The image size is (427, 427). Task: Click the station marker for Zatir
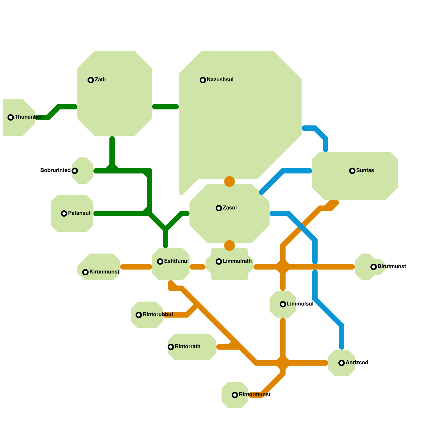[91, 80]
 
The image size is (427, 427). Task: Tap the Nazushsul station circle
[203, 80]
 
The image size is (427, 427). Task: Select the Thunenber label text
[28, 117]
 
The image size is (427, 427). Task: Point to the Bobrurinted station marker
[75, 171]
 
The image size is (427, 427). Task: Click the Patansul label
[79, 213]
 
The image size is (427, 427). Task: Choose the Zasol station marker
[219, 208]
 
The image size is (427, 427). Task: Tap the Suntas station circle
[352, 171]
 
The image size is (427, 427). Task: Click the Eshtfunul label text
[176, 261]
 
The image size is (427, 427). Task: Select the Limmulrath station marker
[219, 262]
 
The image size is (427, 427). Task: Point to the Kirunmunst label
[104, 272]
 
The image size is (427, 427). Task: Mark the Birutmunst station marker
[374, 267]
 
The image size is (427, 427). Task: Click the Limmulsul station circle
[283, 304]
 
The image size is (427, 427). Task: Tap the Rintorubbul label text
[158, 314]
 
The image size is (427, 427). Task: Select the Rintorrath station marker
[171, 347]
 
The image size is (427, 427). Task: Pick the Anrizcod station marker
[342, 363]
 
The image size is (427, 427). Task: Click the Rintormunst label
[254, 394]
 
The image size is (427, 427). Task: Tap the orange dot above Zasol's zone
[230, 181]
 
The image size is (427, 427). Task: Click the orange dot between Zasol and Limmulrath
[230, 246]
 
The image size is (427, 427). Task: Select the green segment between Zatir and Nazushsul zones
[165, 107]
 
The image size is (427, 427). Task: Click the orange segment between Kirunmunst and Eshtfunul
[136, 267]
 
